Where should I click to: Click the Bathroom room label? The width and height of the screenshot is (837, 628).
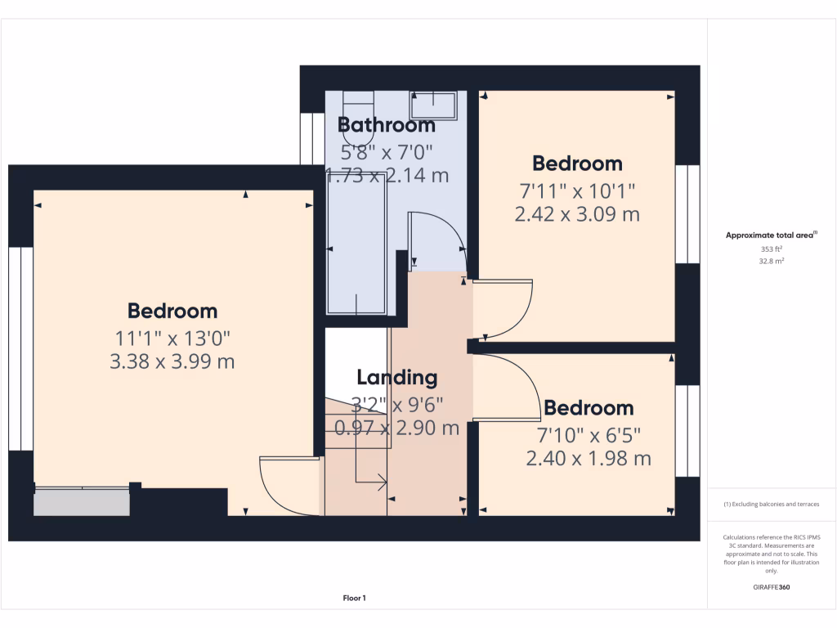pyautogui.click(x=387, y=125)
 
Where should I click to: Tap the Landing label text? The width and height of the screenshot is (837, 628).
pyautogui.click(x=397, y=378)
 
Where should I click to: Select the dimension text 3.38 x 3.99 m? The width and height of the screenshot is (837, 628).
pyautogui.click(x=172, y=361)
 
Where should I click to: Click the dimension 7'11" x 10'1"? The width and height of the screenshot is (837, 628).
pyautogui.click(x=577, y=191)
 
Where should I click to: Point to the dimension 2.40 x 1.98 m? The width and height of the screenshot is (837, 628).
pyautogui.click(x=589, y=459)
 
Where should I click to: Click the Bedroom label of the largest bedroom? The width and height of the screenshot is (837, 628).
pyautogui.click(x=172, y=311)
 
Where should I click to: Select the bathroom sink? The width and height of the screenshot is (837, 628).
pyautogui.click(x=433, y=105)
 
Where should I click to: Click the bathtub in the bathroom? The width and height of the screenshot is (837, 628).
pyautogui.click(x=357, y=245)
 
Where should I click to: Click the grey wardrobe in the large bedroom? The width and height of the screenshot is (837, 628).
pyautogui.click(x=82, y=502)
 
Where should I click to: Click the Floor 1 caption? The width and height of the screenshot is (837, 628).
pyautogui.click(x=354, y=599)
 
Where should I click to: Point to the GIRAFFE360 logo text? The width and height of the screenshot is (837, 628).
pyautogui.click(x=772, y=587)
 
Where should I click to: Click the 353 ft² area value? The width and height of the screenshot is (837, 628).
pyautogui.click(x=772, y=249)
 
